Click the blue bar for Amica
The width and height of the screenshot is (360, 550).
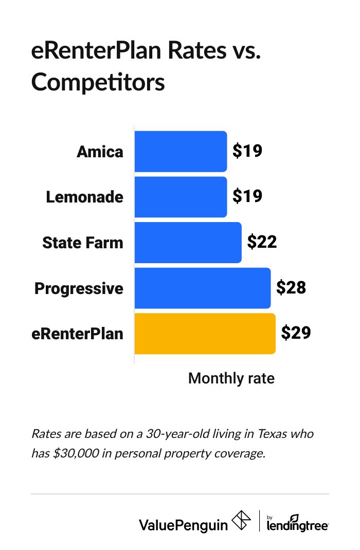pyautogui.click(x=181, y=151)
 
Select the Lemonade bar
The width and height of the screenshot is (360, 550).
pyautogui.click(x=181, y=196)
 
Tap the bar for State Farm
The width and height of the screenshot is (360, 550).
pyautogui.click(x=188, y=242)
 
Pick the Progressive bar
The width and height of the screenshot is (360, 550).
pyautogui.click(x=202, y=288)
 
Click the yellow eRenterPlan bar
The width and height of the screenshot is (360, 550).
pyautogui.click(x=205, y=334)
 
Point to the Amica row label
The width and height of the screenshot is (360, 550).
pyautogui.click(x=100, y=152)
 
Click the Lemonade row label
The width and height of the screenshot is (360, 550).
pyautogui.click(x=85, y=197)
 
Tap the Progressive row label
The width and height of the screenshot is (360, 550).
pyautogui.click(x=79, y=288)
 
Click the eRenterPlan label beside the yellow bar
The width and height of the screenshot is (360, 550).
pyautogui.click(x=78, y=334)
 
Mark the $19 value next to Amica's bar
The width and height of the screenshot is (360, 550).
pyautogui.click(x=247, y=151)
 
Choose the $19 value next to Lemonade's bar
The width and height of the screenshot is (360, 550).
pyautogui.click(x=247, y=196)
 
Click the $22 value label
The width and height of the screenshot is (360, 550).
pyautogui.click(x=262, y=242)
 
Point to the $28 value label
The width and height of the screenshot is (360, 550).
pyautogui.click(x=291, y=288)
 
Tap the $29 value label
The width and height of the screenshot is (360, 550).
pyautogui.click(x=296, y=334)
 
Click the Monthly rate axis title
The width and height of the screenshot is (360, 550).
pyautogui.click(x=231, y=379)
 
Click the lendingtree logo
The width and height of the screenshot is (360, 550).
pyautogui.click(x=298, y=523)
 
